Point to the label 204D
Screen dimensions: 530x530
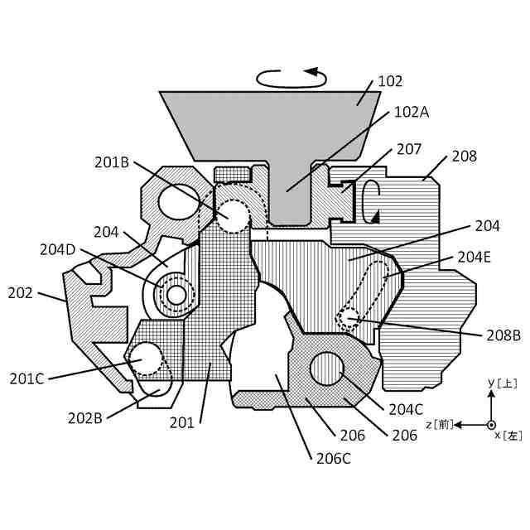58,248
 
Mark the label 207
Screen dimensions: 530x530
409,150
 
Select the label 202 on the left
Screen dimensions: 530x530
22,293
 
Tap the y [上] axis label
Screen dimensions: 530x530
502,383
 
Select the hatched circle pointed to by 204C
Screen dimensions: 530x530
327,369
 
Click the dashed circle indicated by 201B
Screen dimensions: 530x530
233,216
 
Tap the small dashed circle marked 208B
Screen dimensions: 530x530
349,316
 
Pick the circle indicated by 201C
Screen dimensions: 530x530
147,358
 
